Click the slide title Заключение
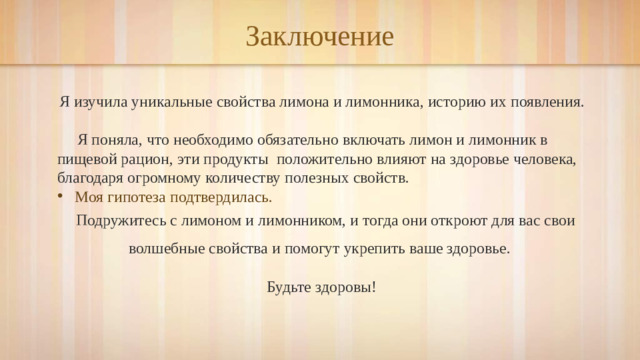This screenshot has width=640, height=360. click(320, 37)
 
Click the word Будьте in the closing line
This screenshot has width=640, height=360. click(289, 288)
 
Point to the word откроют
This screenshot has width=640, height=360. click(456, 220)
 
